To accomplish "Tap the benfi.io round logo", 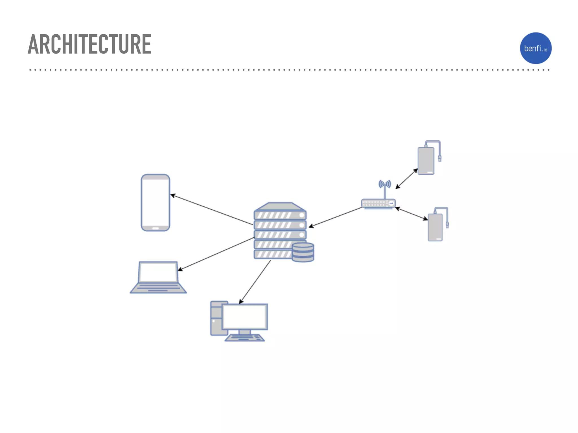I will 535,48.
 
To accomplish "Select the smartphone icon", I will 155,202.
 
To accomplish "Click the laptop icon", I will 158,277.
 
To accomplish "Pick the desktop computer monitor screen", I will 245,317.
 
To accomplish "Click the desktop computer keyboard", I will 245,338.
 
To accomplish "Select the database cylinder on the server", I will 303,252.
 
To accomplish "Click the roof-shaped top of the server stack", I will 280,207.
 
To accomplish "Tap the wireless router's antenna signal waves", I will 385,184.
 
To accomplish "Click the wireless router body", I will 378,203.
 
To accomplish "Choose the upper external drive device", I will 426,161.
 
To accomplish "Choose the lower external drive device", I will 435,227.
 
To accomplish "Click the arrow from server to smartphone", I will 212,209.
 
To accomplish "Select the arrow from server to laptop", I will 216,254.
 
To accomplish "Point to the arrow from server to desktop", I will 255,282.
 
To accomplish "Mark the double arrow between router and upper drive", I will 406,179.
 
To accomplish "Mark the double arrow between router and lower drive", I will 411,213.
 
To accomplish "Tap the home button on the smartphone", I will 156,228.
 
